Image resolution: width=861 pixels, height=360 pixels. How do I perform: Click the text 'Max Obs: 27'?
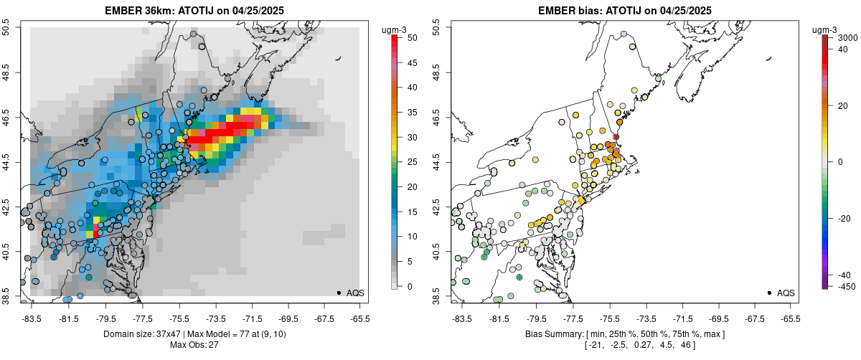pos(194,345)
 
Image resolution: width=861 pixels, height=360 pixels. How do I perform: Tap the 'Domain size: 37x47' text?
pos(154,334)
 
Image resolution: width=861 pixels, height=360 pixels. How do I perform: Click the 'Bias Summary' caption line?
pos(624,334)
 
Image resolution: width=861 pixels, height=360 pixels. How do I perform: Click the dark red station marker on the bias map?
pos(616,137)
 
